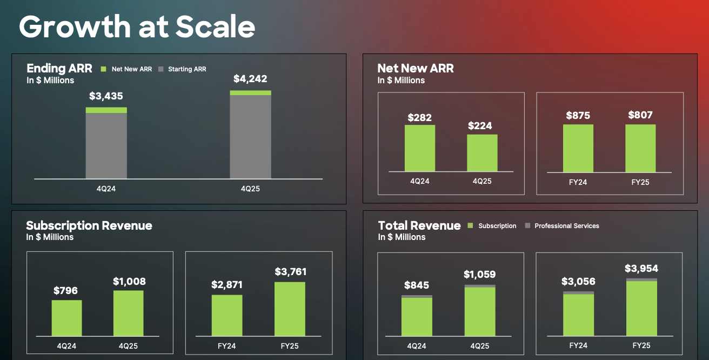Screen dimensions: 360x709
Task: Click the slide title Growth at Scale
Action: point(137,26)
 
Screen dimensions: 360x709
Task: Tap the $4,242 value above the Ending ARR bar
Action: point(250,79)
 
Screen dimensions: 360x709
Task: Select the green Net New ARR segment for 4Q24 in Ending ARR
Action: point(106,110)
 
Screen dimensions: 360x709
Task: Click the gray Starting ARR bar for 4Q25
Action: point(250,137)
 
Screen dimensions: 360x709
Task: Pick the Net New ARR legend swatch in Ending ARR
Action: point(104,69)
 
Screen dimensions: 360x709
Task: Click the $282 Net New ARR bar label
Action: point(419,117)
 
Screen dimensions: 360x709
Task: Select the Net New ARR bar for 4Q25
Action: point(482,153)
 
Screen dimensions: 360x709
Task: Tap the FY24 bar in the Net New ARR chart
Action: point(578,148)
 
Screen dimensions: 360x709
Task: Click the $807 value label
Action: point(640,115)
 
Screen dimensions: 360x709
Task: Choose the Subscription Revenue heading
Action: point(89,225)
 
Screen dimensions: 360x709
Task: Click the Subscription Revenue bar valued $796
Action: point(67,318)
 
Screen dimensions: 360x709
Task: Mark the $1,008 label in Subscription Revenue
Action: point(129,282)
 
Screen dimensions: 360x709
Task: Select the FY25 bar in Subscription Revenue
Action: point(290,309)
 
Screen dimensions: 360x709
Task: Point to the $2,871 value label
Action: point(227,285)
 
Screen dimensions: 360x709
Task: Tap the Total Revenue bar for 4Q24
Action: point(417,316)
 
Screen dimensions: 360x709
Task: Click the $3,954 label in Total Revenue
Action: point(641,269)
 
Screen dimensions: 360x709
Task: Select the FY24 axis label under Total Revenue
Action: point(578,345)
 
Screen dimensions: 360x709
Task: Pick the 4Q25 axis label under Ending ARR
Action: point(250,189)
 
